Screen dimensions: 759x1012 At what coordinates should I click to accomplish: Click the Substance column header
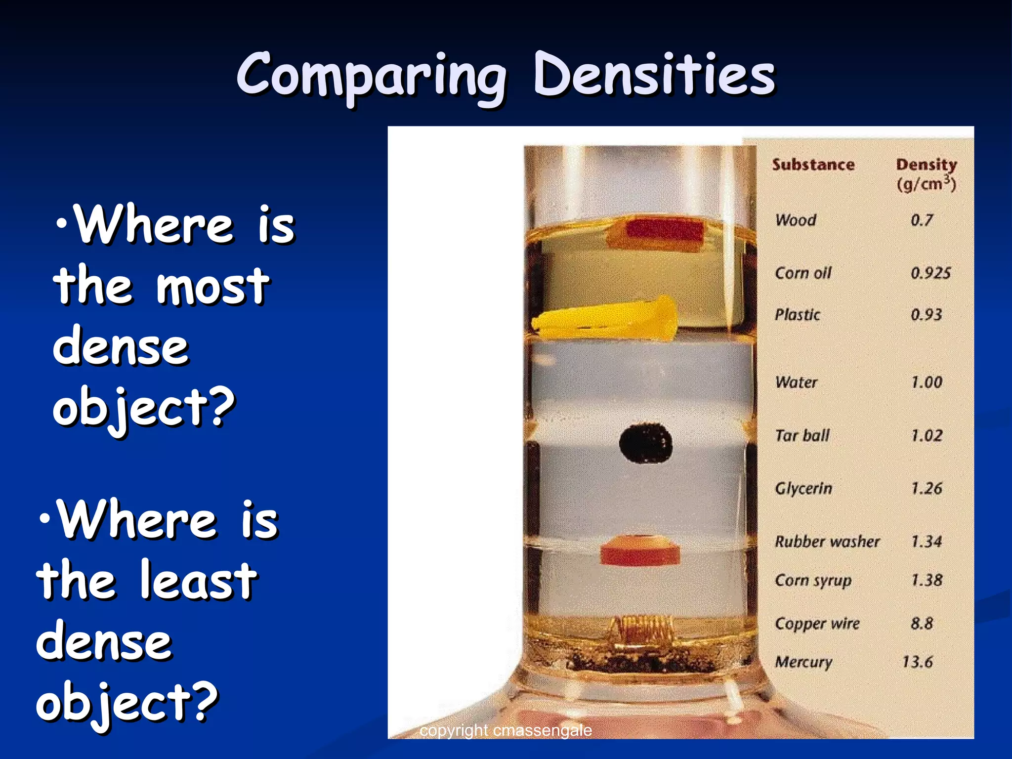pyautogui.click(x=813, y=165)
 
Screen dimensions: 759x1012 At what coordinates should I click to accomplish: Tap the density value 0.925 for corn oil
pyautogui.click(x=930, y=273)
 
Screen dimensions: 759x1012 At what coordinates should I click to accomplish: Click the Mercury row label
pyautogui.click(x=803, y=662)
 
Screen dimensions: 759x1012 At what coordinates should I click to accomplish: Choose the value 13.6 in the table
pyautogui.click(x=917, y=662)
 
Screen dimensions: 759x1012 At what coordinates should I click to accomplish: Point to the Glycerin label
pyautogui.click(x=803, y=488)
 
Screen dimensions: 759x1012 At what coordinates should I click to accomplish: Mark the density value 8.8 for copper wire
pyautogui.click(x=922, y=623)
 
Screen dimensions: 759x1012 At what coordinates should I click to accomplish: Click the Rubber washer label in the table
pyautogui.click(x=827, y=542)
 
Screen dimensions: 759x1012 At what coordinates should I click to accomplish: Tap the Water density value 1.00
pyautogui.click(x=927, y=382)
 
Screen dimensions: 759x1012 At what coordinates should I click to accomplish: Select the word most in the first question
pyautogui.click(x=212, y=287)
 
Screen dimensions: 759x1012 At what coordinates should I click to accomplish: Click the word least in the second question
pyautogui.click(x=198, y=581)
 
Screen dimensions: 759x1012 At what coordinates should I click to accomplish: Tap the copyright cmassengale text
pyautogui.click(x=506, y=730)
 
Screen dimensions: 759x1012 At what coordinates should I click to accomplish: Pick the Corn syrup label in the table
pyautogui.click(x=813, y=580)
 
